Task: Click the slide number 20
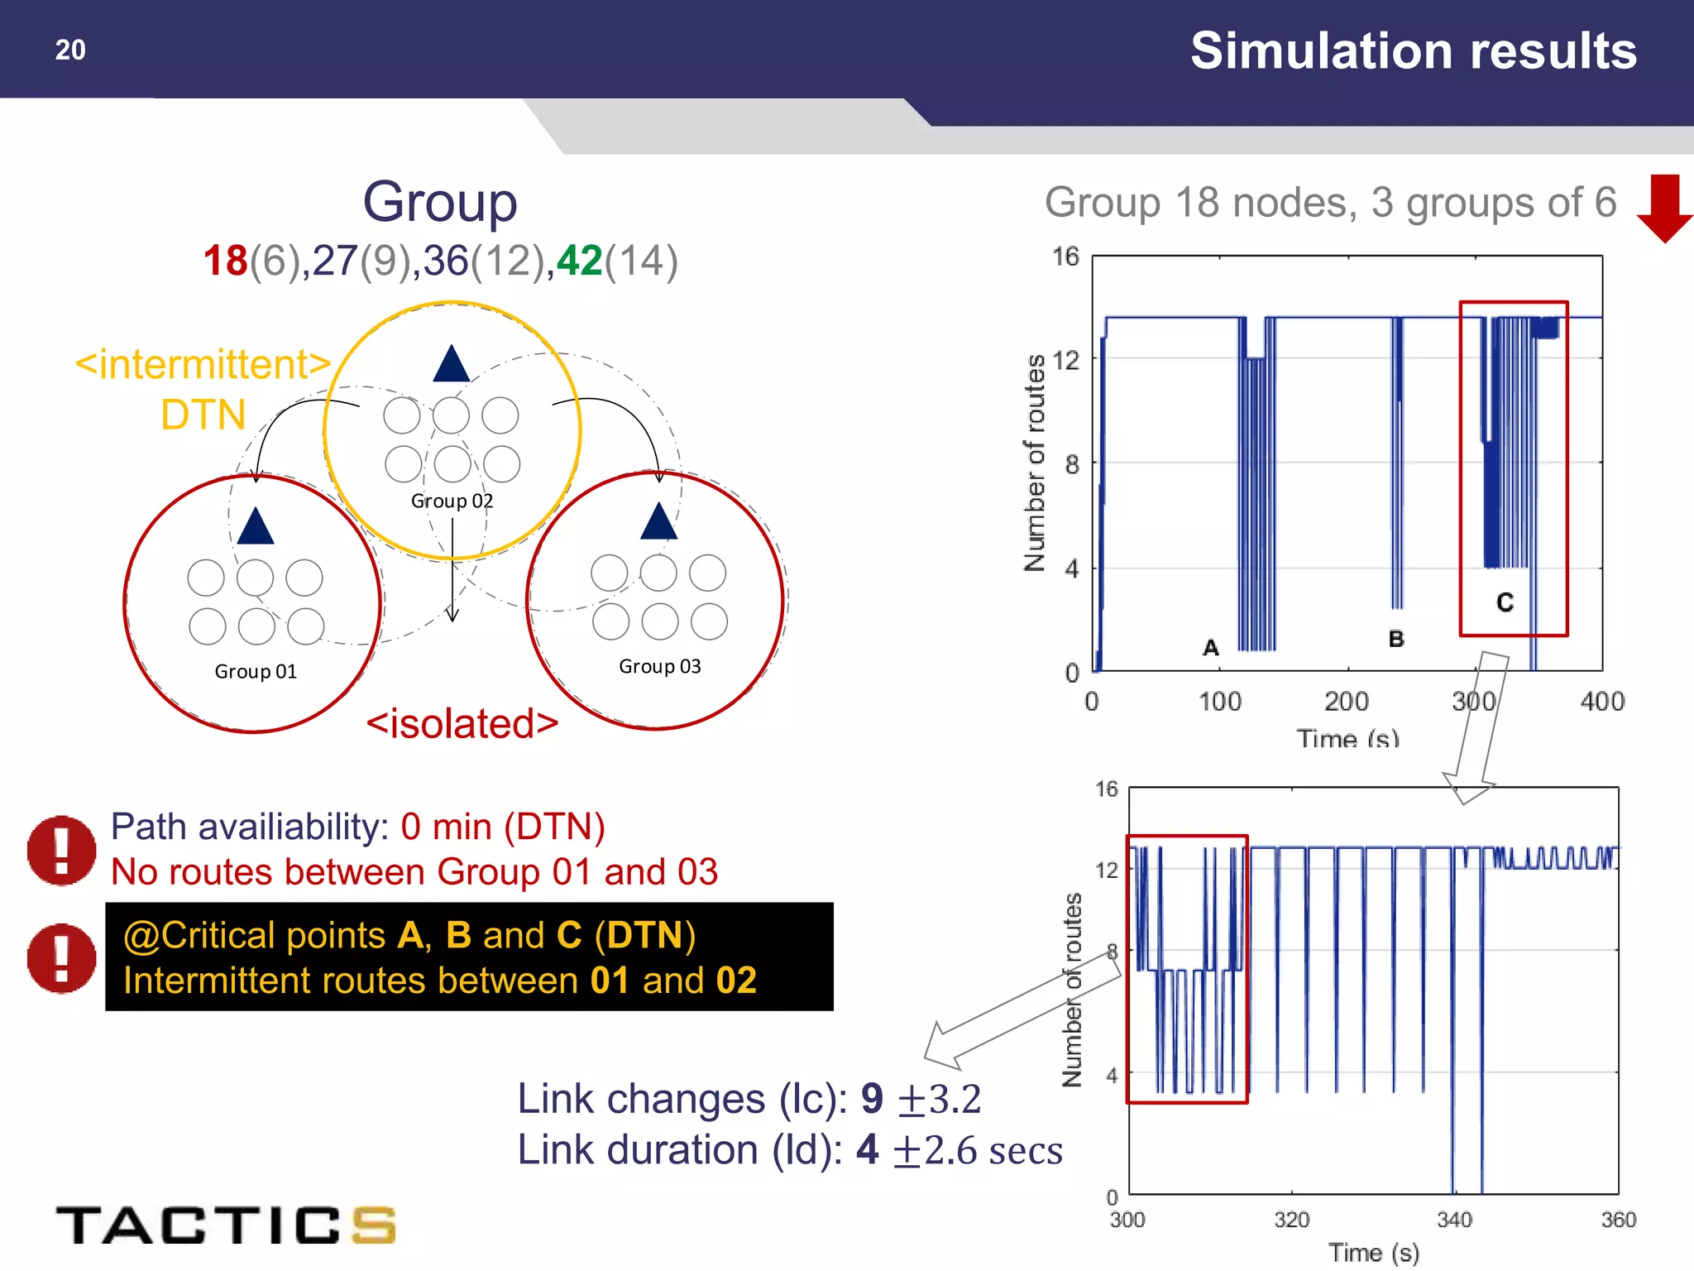coord(70,50)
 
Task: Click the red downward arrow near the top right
coord(1664,208)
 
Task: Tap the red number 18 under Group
coord(225,261)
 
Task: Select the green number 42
coord(579,261)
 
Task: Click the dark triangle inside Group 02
coord(451,365)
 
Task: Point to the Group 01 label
coord(256,671)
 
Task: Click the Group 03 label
coord(659,666)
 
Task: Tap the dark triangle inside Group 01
coord(255,527)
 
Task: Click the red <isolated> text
coord(462,723)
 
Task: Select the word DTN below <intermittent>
coord(203,415)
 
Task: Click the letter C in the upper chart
coord(1505,602)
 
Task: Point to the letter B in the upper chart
coord(1396,639)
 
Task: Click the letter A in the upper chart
coord(1211,648)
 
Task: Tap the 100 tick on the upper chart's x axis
coord(1220,702)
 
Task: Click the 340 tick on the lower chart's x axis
coord(1454,1220)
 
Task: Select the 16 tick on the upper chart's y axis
coord(1065,257)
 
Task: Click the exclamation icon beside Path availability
coord(61,850)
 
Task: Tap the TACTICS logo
coord(225,1225)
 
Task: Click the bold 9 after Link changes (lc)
coord(872,1099)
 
